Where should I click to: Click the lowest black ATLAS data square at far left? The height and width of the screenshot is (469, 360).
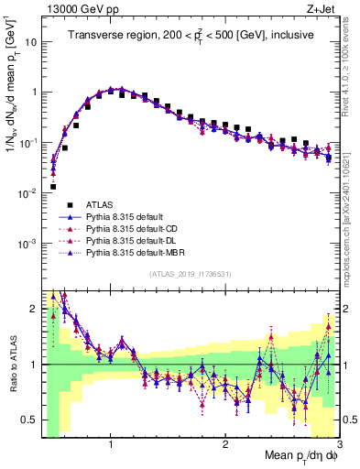point(53,187)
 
